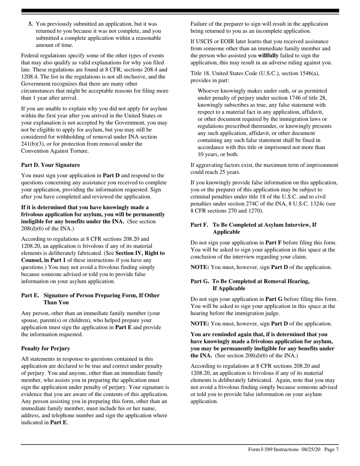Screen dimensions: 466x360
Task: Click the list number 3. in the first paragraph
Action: point(31,24)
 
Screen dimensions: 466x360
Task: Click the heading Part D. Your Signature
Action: point(50,165)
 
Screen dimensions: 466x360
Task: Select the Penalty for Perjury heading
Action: point(45,348)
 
